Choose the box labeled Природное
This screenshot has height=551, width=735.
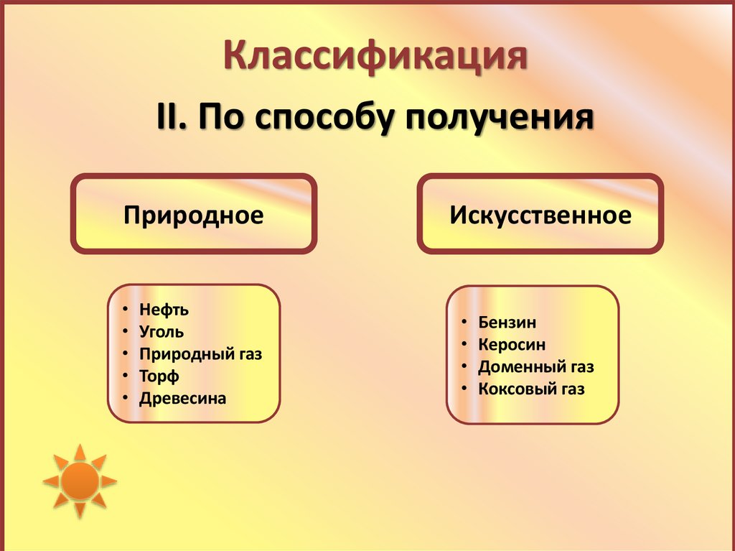coord(194,215)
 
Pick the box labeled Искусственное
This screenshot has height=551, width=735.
coord(540,215)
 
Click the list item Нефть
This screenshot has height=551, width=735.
coord(164,310)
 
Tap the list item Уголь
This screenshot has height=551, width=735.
coord(161,332)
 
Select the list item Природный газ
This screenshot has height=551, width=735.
coord(201,354)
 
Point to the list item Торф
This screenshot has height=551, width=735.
coord(159,376)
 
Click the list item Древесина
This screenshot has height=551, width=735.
coord(183,399)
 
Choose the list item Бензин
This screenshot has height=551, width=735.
coord(507,323)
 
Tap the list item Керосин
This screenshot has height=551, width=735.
coord(512,345)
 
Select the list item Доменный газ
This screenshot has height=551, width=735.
coord(536,367)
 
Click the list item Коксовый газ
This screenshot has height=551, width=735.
coord(531,389)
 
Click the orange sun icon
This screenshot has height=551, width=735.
coord(79,481)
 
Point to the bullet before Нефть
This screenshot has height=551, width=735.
coord(126,310)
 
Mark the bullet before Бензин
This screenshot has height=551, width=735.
coord(464,323)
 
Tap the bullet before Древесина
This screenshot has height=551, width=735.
coord(126,399)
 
